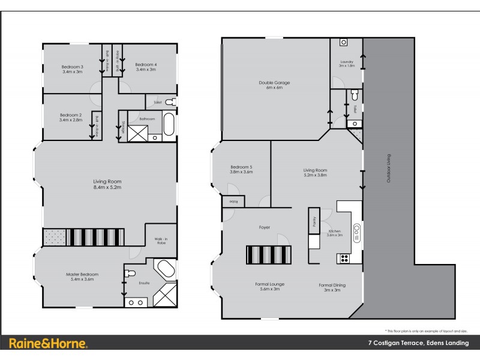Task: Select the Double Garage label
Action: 271,85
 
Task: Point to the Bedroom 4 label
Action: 145,67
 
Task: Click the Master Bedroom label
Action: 82,277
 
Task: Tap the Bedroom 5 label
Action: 241,169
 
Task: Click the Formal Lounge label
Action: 269,286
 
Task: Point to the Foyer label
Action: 265,227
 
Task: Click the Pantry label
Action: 313,220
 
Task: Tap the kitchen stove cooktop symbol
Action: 345,259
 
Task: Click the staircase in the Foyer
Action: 268,254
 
